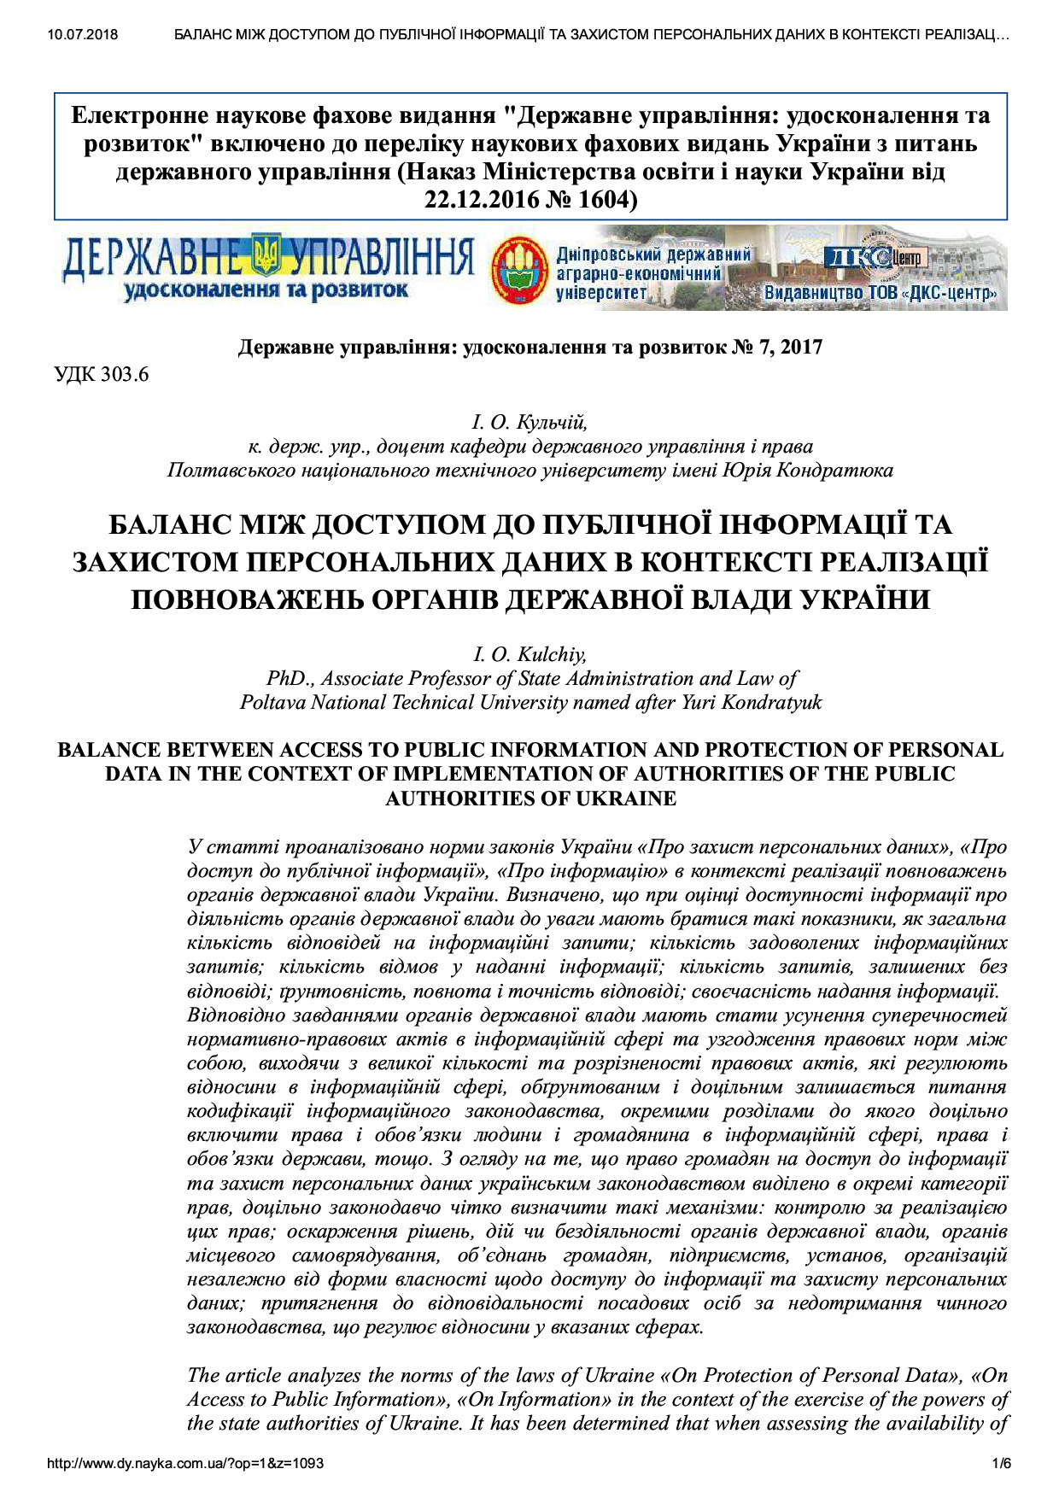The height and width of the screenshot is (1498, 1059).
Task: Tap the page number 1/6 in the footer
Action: click(1001, 1463)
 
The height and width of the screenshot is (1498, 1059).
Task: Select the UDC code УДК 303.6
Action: click(102, 374)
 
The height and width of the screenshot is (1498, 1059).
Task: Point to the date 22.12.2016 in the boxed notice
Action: click(477, 200)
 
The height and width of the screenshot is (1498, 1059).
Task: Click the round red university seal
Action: click(519, 268)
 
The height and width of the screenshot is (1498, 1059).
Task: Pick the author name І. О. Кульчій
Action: click(529, 422)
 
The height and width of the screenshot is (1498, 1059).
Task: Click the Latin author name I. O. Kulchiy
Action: click(529, 655)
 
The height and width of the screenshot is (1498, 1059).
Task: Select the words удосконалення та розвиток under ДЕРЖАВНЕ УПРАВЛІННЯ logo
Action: click(266, 290)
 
